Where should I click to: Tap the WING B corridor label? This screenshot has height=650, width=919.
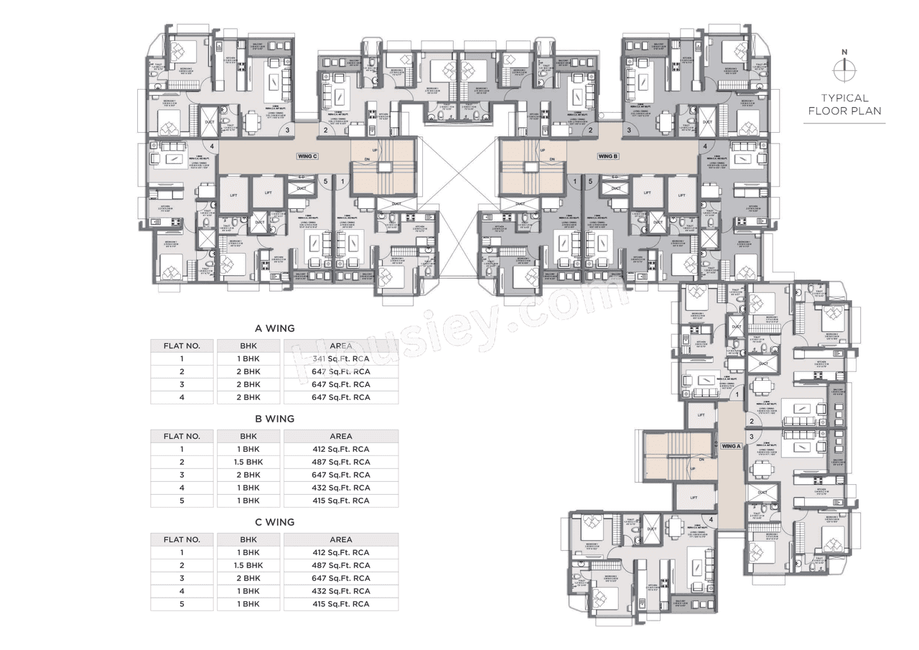(607, 156)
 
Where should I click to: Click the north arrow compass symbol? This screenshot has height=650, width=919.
(844, 70)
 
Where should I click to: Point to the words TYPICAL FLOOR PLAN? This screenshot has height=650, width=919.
(844, 104)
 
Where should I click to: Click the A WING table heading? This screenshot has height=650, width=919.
(270, 328)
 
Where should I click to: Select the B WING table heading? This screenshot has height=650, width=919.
(270, 418)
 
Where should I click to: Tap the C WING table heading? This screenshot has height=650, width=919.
(270, 522)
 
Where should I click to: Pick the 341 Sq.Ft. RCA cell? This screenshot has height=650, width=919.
(341, 358)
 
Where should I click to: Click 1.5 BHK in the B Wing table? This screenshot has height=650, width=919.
(248, 462)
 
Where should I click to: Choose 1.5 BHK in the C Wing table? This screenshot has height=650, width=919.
(248, 565)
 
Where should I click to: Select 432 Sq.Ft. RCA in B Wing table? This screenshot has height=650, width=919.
(341, 488)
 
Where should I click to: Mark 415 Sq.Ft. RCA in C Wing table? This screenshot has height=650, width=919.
(341, 604)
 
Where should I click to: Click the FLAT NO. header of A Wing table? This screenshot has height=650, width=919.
(182, 345)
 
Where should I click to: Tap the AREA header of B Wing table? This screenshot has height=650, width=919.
(341, 436)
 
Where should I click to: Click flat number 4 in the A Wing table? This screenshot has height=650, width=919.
(182, 397)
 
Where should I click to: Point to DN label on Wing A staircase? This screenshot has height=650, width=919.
(700, 459)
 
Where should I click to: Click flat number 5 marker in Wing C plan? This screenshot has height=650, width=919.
(326, 182)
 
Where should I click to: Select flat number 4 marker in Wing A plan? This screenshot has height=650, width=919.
(711, 519)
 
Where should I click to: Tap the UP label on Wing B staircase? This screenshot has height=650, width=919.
(542, 151)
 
